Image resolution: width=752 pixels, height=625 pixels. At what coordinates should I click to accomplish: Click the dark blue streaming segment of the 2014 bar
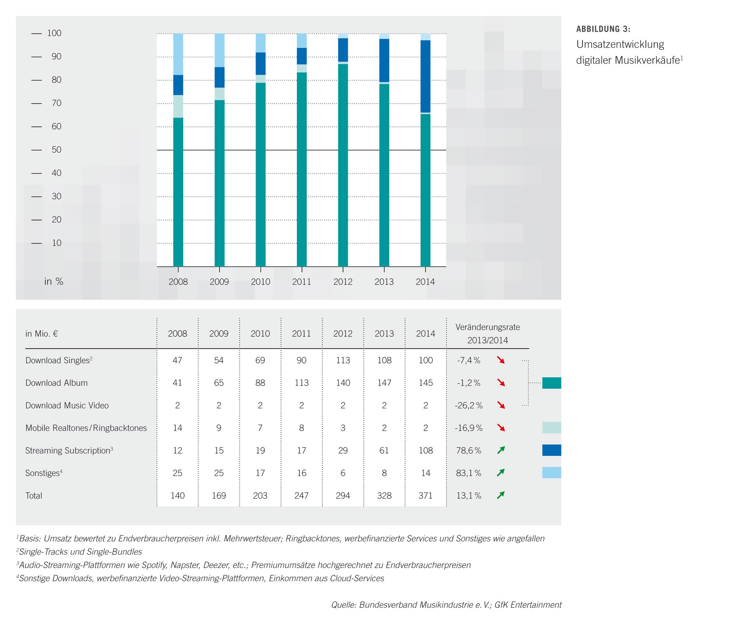[425, 76]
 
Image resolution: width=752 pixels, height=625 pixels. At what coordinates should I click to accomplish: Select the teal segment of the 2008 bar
[178, 192]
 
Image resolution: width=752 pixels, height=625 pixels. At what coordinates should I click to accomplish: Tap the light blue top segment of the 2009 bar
[219, 50]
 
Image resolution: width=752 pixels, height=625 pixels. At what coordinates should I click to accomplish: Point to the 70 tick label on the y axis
[56, 103]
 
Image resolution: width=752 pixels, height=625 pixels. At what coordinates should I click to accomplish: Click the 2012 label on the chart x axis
[343, 282]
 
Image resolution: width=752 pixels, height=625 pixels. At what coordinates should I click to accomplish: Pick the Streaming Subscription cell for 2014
[425, 451]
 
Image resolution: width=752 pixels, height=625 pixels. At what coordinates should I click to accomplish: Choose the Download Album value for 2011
[302, 383]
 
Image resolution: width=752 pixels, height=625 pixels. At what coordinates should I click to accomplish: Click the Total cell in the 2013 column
[384, 496]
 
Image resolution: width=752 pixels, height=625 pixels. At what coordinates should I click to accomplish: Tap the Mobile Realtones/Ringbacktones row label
[86, 428]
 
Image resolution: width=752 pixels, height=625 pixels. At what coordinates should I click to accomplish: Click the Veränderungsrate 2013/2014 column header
[487, 334]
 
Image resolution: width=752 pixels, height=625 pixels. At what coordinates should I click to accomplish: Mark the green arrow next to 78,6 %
[501, 450]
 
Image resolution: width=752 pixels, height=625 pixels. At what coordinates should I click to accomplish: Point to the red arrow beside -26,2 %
[501, 405]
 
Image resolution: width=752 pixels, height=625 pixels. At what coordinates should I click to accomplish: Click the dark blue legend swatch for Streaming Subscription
[551, 450]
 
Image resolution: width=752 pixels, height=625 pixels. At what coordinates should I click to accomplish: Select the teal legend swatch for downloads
[551, 383]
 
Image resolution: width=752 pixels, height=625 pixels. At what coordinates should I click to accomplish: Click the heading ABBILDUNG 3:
[603, 29]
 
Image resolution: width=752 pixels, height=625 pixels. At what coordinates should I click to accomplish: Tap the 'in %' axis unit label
[54, 282]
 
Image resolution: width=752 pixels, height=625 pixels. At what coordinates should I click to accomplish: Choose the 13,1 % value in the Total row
[468, 496]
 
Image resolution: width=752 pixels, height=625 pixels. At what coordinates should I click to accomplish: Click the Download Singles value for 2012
[343, 360]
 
